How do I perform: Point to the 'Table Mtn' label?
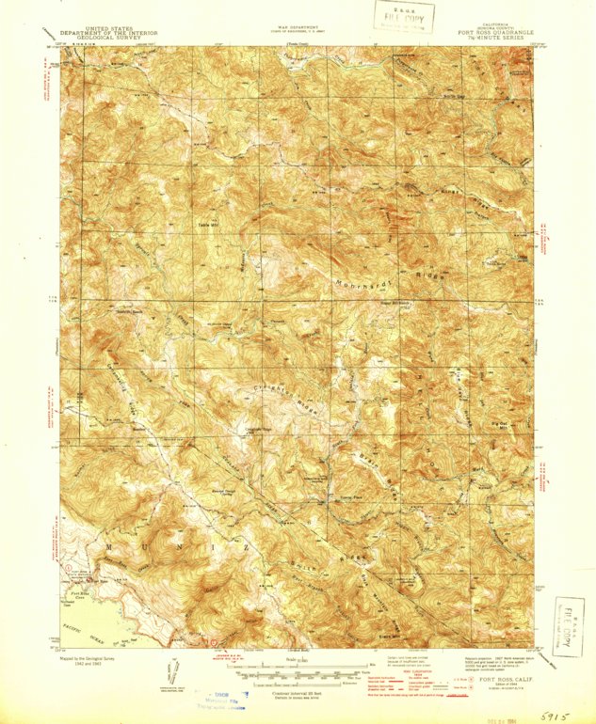(206, 223)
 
